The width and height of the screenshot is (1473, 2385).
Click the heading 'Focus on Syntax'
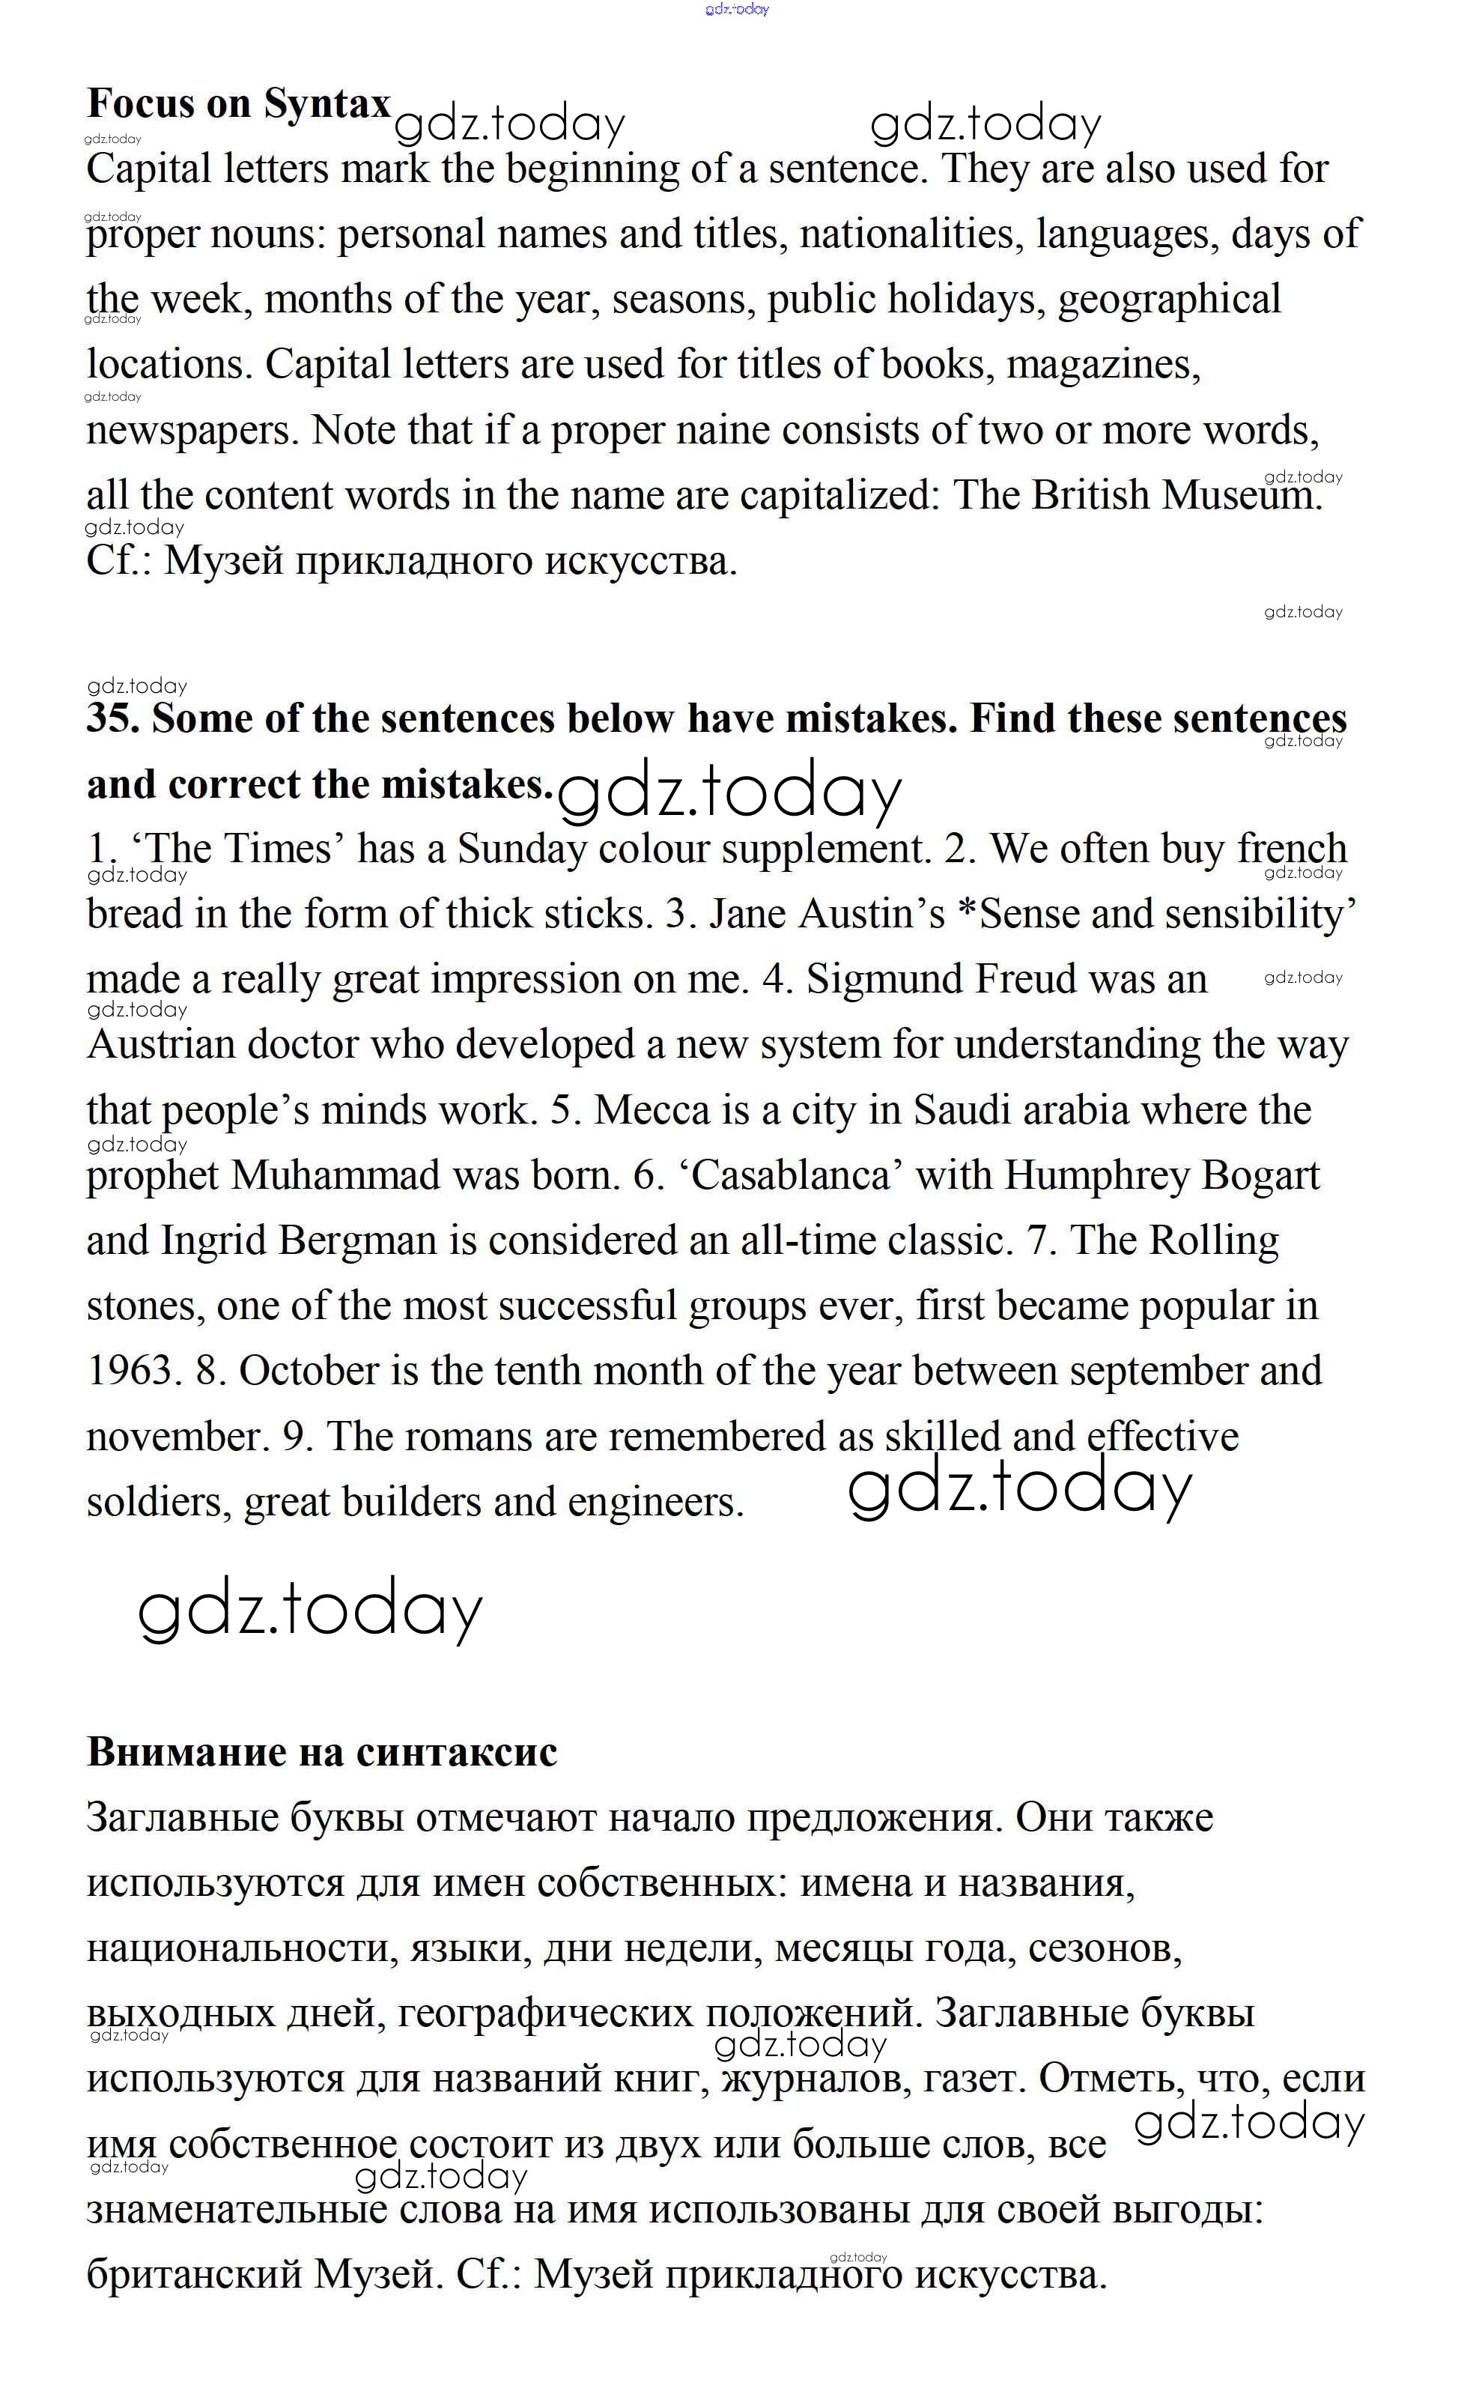239,103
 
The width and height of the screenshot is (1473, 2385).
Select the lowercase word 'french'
1292,849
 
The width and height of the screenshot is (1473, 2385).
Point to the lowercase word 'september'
1158,1371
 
